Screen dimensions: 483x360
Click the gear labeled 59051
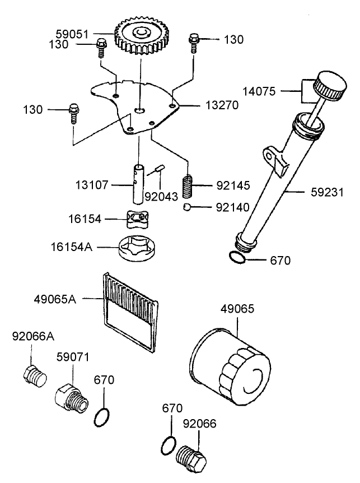point(137,35)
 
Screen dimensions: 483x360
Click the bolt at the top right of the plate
point(194,41)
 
